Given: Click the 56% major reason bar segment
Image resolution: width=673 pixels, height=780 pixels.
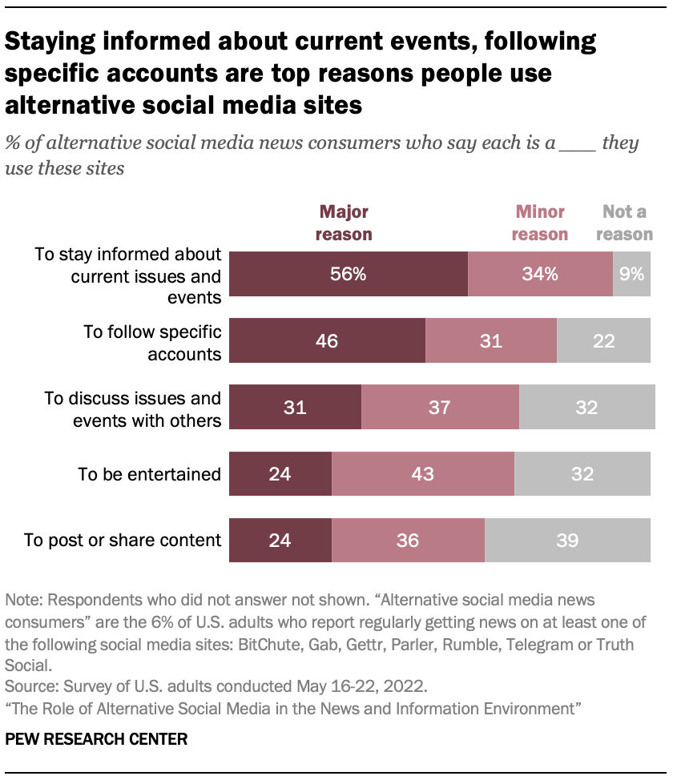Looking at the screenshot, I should [x=349, y=275].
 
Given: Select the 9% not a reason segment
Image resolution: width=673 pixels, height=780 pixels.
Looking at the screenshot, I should [x=631, y=275].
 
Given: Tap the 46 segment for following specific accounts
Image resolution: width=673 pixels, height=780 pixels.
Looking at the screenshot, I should [x=327, y=340].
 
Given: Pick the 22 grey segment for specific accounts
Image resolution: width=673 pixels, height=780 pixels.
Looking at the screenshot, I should [x=603, y=340].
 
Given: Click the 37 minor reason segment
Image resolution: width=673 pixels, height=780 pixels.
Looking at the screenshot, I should [x=440, y=407].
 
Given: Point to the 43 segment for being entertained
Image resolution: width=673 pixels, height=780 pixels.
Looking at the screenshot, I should [x=422, y=473].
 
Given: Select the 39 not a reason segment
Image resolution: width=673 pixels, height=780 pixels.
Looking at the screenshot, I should [x=567, y=540].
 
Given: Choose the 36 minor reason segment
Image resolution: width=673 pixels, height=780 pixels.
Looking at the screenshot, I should [x=408, y=540].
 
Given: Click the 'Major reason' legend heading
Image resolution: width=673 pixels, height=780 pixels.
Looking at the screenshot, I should [x=344, y=223].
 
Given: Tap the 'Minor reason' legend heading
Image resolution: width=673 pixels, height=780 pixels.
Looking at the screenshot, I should [x=539, y=223].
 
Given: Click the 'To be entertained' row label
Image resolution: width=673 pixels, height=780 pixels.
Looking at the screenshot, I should [x=149, y=473].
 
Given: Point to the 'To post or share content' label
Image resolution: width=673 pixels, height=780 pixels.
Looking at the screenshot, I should [x=123, y=540].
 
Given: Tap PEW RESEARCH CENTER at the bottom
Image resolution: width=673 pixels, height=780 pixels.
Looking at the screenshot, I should [x=96, y=739].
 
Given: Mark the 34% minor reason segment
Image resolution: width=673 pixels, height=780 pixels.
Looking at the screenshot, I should [x=539, y=275].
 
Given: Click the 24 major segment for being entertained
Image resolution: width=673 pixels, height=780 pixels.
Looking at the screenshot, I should [x=280, y=473].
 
